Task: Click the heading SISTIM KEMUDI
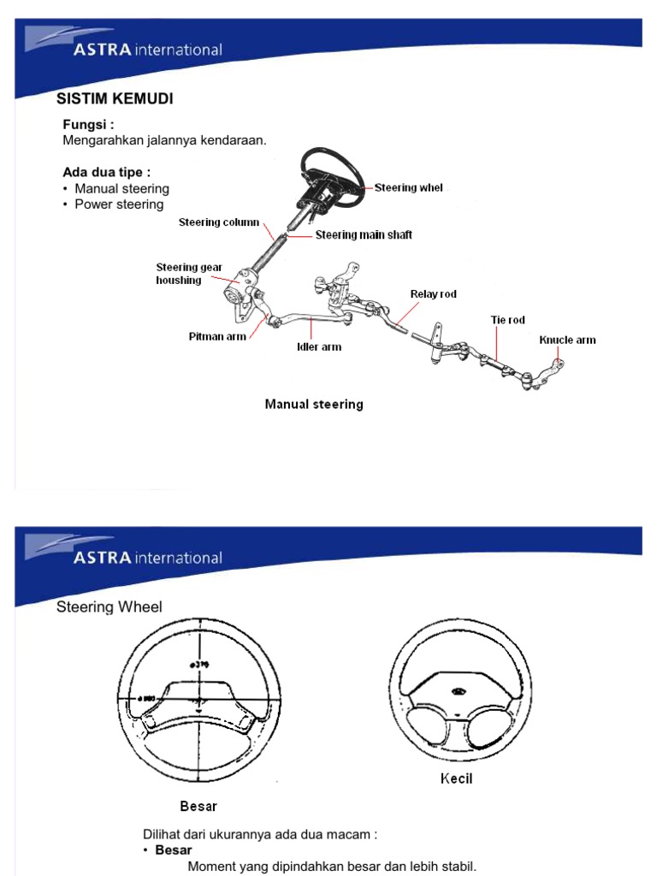coord(115,99)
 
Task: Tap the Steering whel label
coord(408,188)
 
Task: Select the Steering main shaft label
coord(364,235)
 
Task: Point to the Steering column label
coord(218,222)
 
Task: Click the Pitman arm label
coord(217,337)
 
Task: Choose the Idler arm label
coord(319,347)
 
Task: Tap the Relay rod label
coord(434,294)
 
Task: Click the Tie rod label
coord(507,320)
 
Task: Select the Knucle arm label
coord(567,340)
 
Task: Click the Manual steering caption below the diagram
coord(314,405)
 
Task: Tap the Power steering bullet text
coord(119,204)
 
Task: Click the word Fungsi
coord(88,125)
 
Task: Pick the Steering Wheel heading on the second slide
coord(109,607)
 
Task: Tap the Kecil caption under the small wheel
coord(456,778)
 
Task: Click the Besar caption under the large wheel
coord(198,806)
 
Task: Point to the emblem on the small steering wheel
coord(459,691)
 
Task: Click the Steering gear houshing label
coord(188,274)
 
